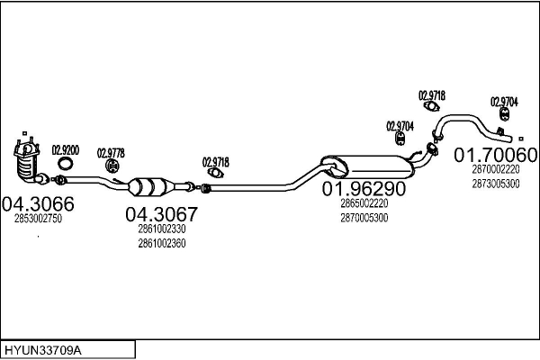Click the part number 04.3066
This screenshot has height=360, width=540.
pos(38,204)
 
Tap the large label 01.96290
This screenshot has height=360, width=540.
pos(364,190)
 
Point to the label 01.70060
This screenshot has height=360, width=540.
pos(495,155)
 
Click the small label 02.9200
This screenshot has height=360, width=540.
pos(65,149)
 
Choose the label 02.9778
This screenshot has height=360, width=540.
pos(111,152)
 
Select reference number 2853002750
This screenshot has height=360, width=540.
pos(38,220)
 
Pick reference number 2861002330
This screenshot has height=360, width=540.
pos(162,230)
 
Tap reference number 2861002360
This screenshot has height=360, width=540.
pos(162,243)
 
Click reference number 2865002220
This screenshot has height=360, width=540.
pos(364,204)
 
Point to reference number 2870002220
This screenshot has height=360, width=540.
pos(495,169)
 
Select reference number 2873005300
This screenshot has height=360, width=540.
pos(495,183)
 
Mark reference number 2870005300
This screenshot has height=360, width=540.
pos(364,217)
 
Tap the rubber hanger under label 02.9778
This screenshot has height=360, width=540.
pos(112,167)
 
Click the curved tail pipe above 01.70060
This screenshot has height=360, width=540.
pos(468,123)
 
